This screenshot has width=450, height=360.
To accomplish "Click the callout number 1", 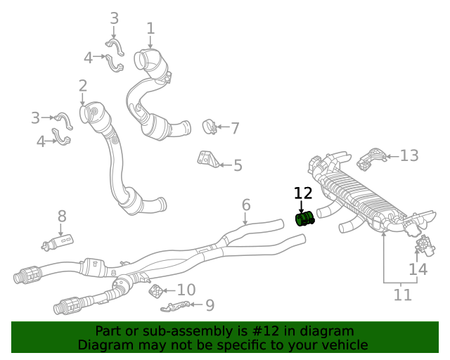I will click(150, 28).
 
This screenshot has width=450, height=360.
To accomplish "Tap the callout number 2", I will click(83, 86).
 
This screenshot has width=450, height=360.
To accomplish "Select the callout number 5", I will click(238, 166).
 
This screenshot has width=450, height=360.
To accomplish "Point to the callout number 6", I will click(246, 205).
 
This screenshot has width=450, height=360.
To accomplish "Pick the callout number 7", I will click(235, 128).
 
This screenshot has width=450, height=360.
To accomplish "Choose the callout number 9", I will click(210, 305).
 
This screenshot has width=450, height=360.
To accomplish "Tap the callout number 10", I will click(186, 290).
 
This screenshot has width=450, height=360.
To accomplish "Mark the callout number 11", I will click(402, 295).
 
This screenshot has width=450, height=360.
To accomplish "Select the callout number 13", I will click(409, 155).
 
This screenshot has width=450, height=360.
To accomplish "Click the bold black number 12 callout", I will click(303, 193).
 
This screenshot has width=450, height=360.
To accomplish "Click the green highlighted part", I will click(304, 219).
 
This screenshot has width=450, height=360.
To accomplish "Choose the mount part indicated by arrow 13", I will click(371, 159).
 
